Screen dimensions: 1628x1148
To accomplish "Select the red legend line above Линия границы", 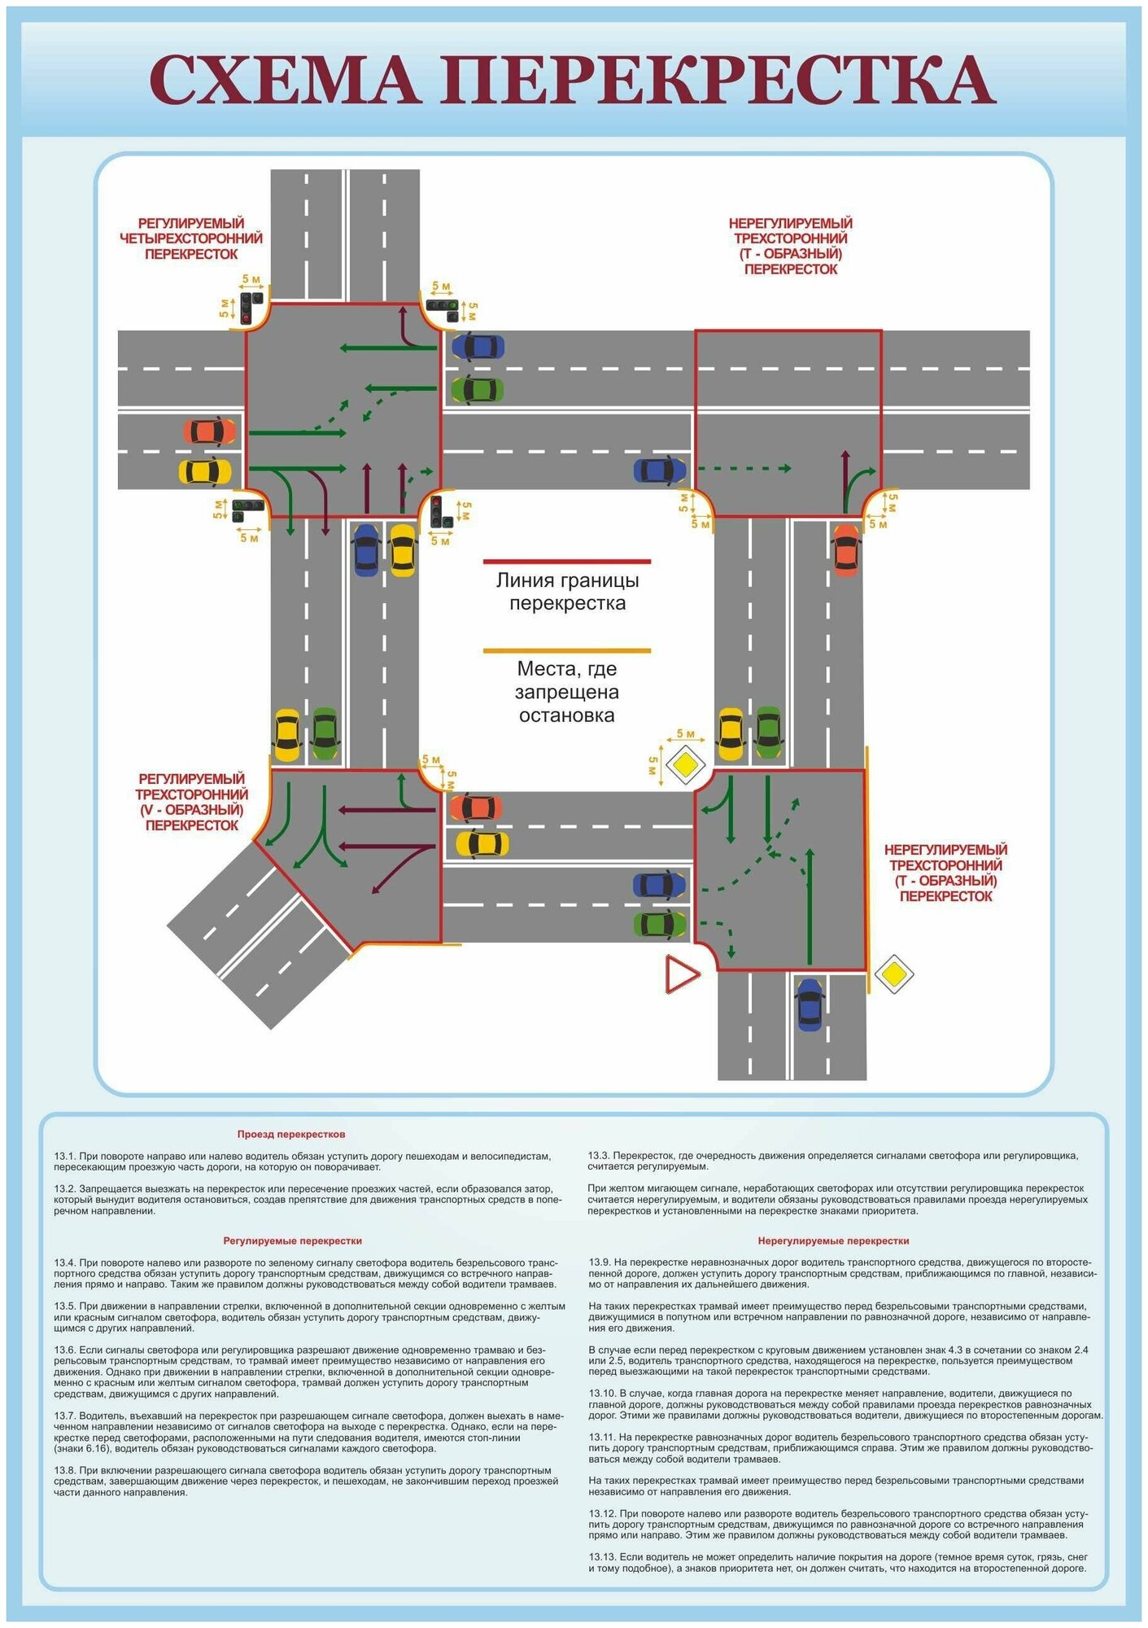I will pyautogui.click(x=567, y=562).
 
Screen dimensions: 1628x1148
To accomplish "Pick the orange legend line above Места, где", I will pyautogui.click(x=567, y=651).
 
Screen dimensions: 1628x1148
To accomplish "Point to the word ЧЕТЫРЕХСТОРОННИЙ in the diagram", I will pyautogui.click(x=191, y=239).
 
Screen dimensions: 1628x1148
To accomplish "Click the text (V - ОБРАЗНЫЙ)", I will pyautogui.click(x=191, y=810).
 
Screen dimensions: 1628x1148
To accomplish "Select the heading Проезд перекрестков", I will pyautogui.click(x=291, y=1134).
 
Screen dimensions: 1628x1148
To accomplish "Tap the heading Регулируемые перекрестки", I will pyautogui.click(x=292, y=1241).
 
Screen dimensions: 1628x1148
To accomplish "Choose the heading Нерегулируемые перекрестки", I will pyautogui.click(x=833, y=1241).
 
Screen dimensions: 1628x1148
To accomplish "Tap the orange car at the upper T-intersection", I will pyautogui.click(x=846, y=549).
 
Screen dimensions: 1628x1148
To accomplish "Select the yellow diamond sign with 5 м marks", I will pyautogui.click(x=684, y=765).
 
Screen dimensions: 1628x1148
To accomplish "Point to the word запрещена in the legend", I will pyautogui.click(x=567, y=692).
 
